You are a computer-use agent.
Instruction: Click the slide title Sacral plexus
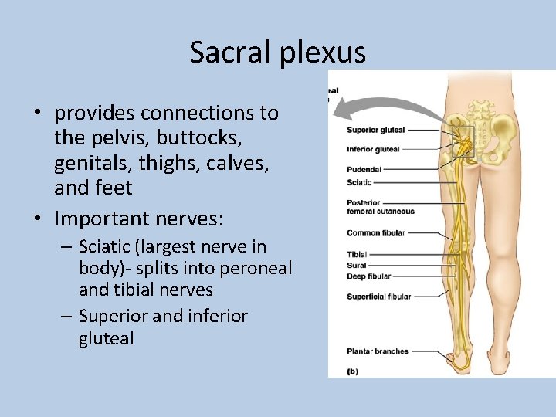pos(277,52)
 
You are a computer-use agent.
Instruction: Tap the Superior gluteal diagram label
pos(375,130)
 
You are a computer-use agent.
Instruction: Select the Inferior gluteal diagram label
pos(374,149)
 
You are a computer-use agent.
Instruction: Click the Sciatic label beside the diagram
pos(359,183)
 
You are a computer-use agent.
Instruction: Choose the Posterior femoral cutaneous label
pos(381,207)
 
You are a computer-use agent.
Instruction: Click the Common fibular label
pos(376,232)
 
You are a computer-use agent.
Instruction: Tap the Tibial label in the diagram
pos(357,254)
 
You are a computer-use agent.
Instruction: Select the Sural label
pos(356,265)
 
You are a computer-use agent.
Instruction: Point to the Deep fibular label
pos(369,276)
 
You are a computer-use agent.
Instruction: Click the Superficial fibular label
pos(379,297)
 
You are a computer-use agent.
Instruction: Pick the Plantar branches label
pos(378,351)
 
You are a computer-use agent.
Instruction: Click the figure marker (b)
pos(352,371)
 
